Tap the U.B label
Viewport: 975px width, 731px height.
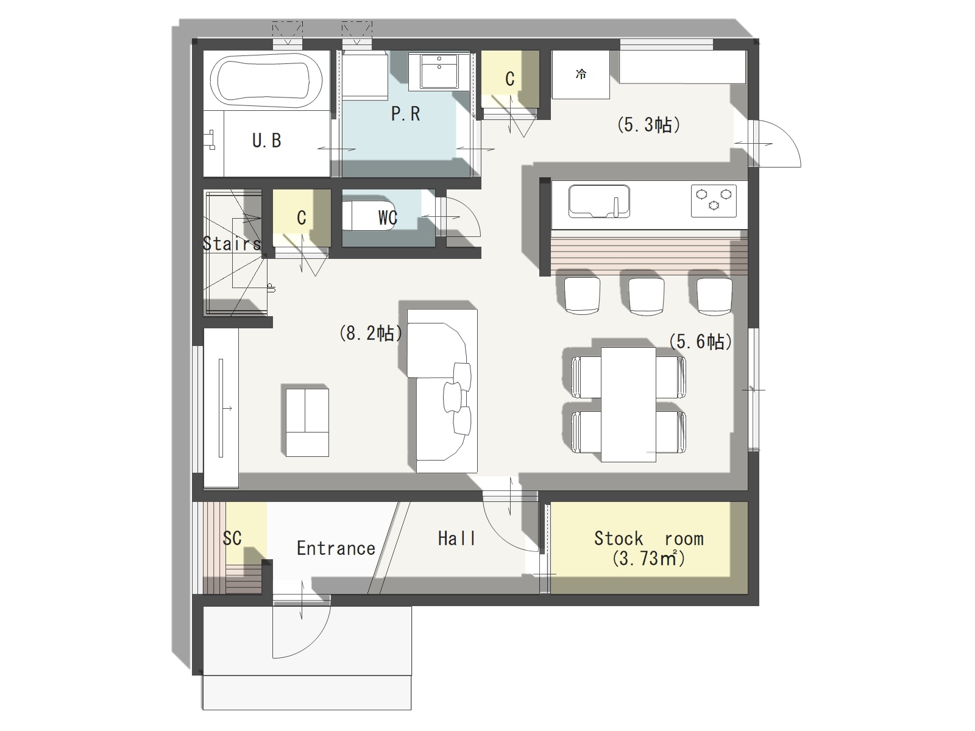tap(266, 141)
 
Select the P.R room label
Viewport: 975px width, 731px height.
tap(405, 114)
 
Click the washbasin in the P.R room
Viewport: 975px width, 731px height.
tap(439, 72)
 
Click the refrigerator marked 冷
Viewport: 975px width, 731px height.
tap(581, 74)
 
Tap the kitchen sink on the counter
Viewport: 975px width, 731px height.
tap(599, 201)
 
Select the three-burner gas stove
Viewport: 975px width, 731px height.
tap(714, 200)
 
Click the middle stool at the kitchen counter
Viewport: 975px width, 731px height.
tap(647, 296)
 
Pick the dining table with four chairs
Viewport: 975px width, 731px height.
tap(628, 404)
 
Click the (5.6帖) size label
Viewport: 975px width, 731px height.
tap(700, 342)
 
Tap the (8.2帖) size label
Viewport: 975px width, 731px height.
tap(371, 333)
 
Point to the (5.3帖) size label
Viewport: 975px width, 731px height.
tap(648, 125)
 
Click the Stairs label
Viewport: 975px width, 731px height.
tap(232, 243)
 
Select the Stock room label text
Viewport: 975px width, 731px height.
tap(648, 539)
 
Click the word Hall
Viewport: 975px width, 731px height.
tap(456, 539)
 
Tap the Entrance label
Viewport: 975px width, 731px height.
tap(336, 549)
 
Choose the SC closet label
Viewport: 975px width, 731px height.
tap(232, 538)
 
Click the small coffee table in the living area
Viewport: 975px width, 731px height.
tap(307, 423)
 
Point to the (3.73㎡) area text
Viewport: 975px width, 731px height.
tap(648, 559)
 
